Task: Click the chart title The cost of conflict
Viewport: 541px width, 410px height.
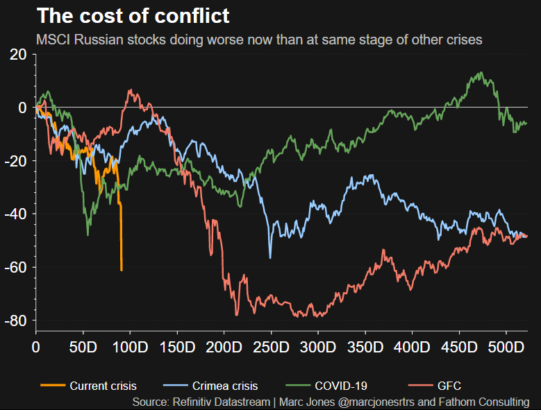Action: [x=133, y=15]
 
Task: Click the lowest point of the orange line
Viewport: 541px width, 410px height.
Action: [x=122, y=270]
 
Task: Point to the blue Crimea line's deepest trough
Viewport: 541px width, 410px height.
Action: [x=270, y=258]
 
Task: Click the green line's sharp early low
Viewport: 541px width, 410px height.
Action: [x=88, y=235]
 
